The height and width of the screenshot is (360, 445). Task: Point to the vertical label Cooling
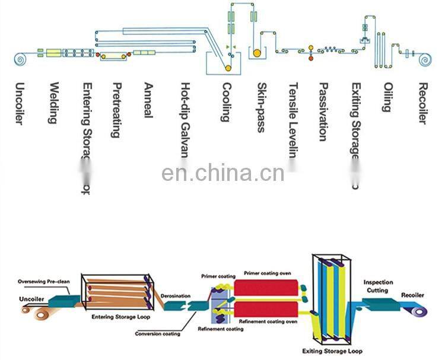click(225, 102)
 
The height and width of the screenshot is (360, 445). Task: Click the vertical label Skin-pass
click(260, 107)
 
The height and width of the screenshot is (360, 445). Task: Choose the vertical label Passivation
click(323, 111)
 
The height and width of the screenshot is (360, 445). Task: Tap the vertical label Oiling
click(387, 97)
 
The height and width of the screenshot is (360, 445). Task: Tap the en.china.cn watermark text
click(223, 174)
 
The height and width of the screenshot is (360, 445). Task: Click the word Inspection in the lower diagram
click(378, 282)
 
